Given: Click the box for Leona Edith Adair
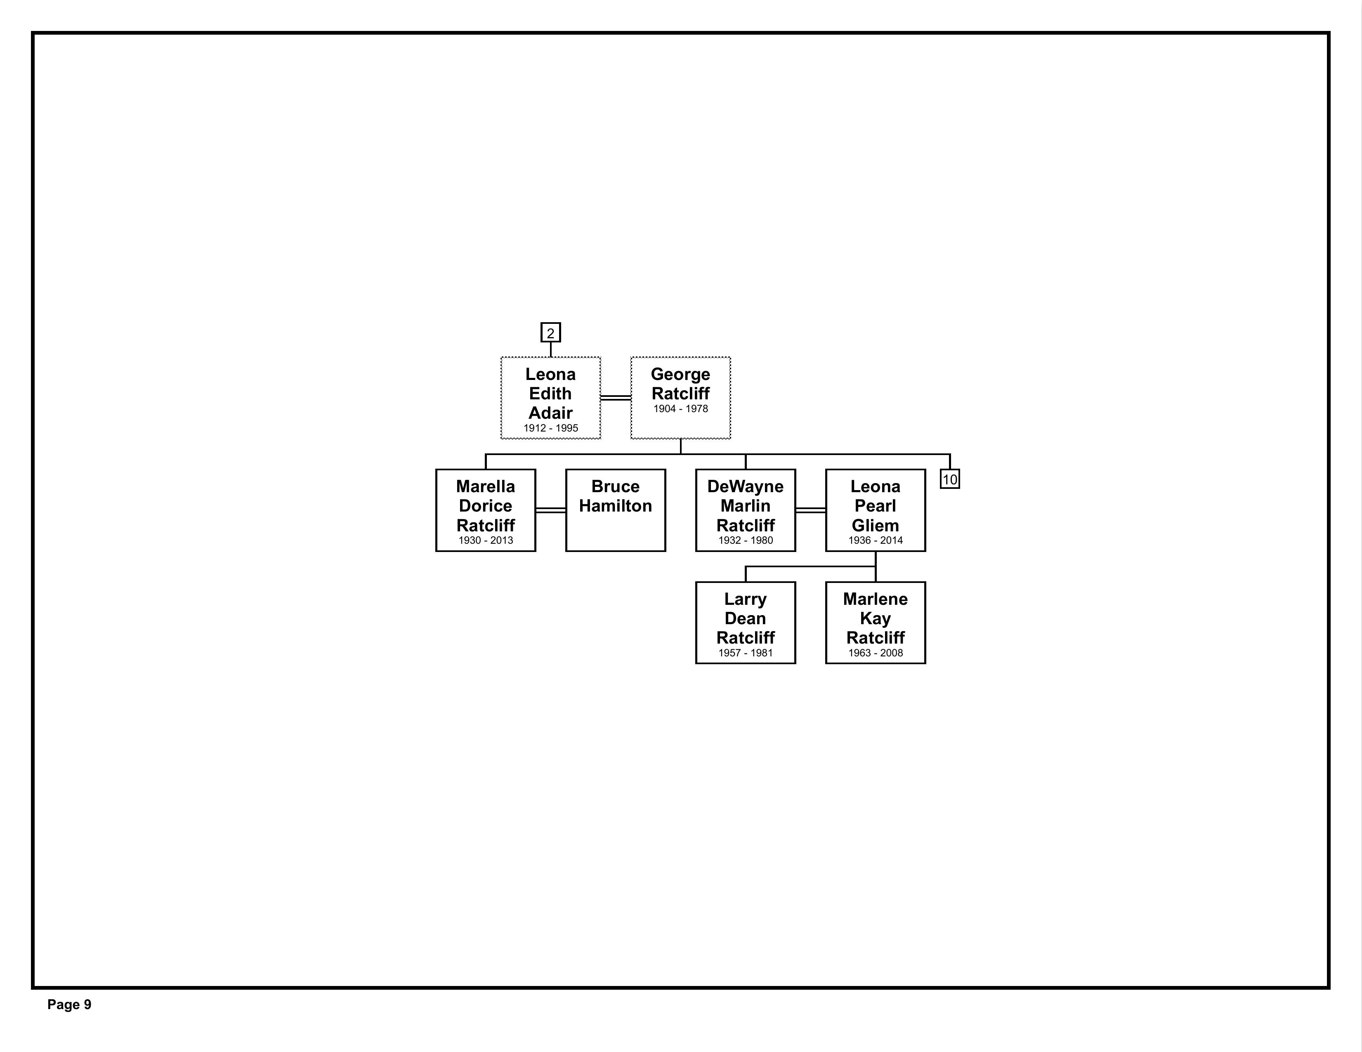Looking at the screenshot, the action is point(551,398).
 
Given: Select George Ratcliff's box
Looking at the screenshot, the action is point(680,398).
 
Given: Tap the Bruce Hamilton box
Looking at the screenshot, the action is point(616,510).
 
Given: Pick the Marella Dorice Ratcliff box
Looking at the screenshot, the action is point(486,510).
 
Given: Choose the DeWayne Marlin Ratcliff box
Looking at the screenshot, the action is point(745,510).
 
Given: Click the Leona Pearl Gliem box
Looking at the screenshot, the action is point(876,510).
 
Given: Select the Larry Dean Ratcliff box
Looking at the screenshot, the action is point(745,623).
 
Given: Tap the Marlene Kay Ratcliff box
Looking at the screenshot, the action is point(876,623).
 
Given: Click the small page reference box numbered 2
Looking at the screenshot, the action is point(551,333).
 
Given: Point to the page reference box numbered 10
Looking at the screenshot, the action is point(950,479).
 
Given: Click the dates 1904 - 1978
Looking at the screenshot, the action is point(680,409).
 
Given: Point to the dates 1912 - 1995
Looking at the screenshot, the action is point(551,428).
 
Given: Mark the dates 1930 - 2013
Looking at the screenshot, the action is point(486,541).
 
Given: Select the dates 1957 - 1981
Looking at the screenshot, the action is point(745,653).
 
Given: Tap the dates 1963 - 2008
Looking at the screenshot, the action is point(876,653).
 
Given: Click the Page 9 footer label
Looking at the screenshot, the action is point(69,1005).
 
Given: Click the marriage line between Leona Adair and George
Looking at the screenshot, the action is point(616,398).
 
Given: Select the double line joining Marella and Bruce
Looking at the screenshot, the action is point(551,510).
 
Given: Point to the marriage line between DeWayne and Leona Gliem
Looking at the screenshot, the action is point(811,510).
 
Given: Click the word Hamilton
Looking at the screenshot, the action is point(616,506).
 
